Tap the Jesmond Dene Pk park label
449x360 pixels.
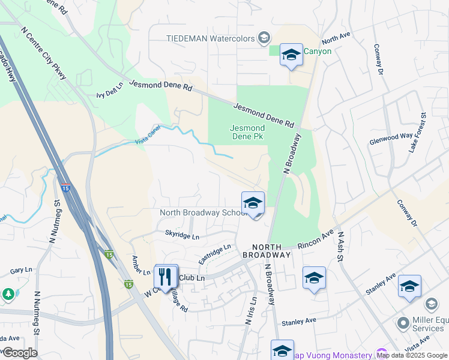tap(247, 132)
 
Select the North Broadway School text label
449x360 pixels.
tap(201, 213)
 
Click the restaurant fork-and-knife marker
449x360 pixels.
tap(166, 277)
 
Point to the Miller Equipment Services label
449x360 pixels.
tap(429, 324)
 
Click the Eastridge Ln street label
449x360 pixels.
tap(214, 254)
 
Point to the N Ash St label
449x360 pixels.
tap(340, 247)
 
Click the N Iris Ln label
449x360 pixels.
tap(251, 310)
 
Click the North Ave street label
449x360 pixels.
tap(336, 39)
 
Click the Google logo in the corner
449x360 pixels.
tap(19, 353)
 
